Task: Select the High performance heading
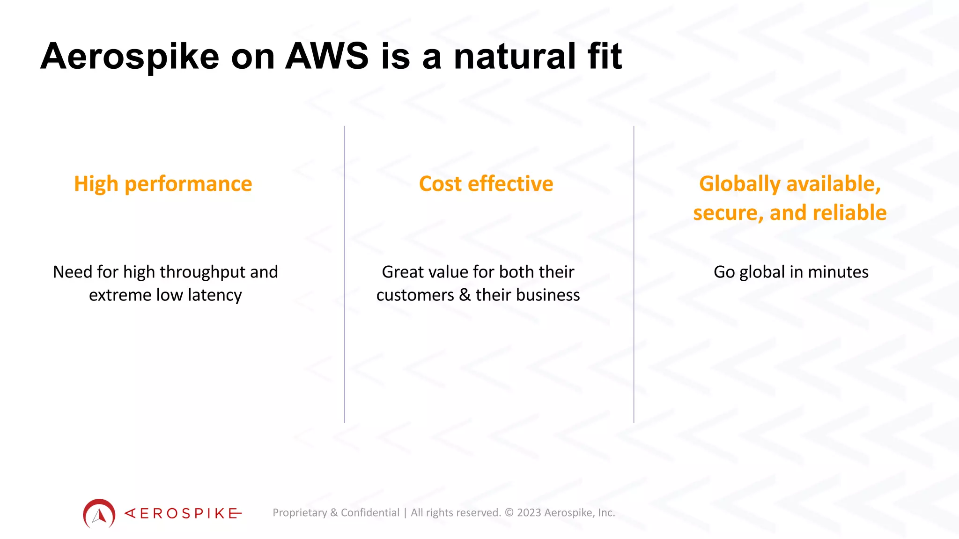click(163, 184)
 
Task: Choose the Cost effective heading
click(486, 184)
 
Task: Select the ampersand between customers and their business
click(465, 295)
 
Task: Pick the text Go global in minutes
click(790, 272)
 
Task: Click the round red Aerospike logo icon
click(99, 514)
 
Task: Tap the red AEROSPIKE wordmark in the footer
click(183, 514)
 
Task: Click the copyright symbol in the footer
click(509, 513)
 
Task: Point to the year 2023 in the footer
click(529, 513)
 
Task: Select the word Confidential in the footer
click(370, 513)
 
